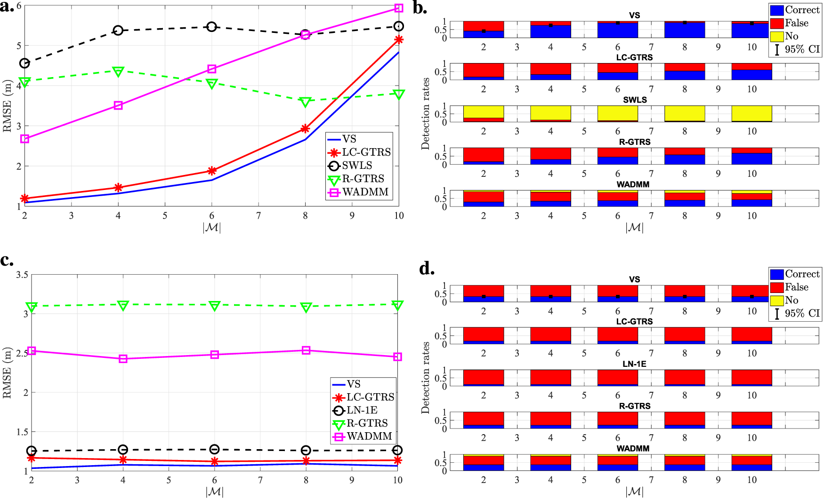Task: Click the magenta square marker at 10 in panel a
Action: point(399,8)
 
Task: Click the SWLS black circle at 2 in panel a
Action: point(24,63)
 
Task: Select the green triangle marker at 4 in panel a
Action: point(118,71)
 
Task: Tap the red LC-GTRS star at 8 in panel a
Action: point(305,128)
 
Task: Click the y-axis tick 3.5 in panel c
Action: point(22,274)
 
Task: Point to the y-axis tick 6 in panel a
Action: point(19,6)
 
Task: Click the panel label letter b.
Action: point(420,8)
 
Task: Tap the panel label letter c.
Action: point(7,260)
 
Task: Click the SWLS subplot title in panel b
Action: point(635,100)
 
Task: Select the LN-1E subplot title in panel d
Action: point(635,364)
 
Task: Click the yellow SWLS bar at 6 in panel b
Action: point(618,113)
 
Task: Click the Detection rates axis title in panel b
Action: point(426,113)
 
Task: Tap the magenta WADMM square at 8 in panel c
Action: point(306,350)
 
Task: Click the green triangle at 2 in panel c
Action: point(32,307)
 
